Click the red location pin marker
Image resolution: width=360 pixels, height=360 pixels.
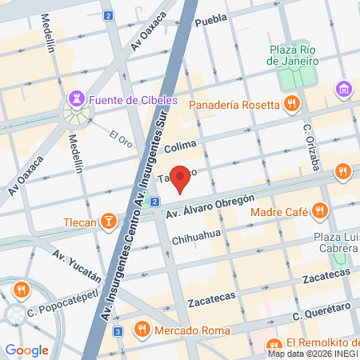point(182,179)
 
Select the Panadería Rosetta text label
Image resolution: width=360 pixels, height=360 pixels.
point(234,103)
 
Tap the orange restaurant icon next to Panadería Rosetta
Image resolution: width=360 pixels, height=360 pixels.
point(292,103)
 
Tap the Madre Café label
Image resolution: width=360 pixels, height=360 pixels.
point(280,212)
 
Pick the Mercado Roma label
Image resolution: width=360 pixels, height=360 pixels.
point(192,330)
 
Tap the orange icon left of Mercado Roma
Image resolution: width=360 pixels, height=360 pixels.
point(142,329)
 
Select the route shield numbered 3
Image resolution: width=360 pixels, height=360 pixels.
point(118,331)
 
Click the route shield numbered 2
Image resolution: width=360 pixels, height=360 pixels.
point(109,15)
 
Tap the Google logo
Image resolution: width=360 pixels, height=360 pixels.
point(26,350)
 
